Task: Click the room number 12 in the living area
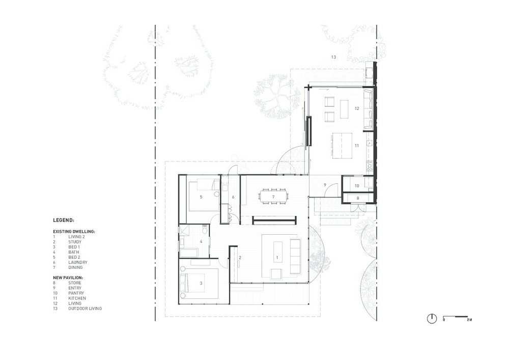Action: click(x=357, y=108)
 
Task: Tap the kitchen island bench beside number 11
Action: click(x=342, y=146)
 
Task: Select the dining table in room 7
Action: click(x=273, y=197)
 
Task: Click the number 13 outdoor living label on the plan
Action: click(x=333, y=57)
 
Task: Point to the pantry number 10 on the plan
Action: click(x=357, y=186)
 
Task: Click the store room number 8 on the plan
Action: click(x=358, y=198)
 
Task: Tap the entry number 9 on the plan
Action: click(x=325, y=185)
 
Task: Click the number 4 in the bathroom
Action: click(x=201, y=241)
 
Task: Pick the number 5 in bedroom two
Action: click(x=201, y=197)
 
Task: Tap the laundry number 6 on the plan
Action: click(x=233, y=197)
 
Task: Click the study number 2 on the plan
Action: click(x=240, y=258)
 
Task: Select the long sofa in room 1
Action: click(x=295, y=257)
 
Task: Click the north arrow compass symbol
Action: click(x=432, y=319)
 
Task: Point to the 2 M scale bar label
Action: click(x=469, y=320)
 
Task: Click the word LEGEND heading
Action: click(x=64, y=220)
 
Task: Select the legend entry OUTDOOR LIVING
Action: click(x=85, y=309)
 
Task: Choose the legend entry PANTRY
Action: click(x=76, y=293)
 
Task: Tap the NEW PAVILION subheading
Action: click(x=68, y=278)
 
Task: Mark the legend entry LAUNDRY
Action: click(x=77, y=262)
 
